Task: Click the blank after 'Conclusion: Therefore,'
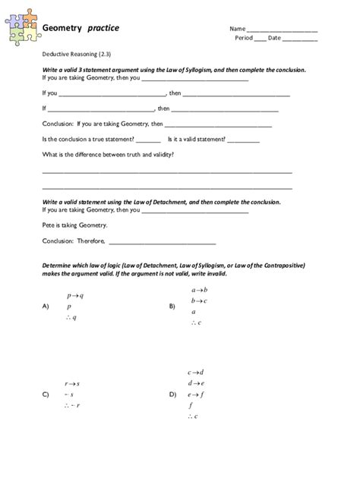coord(163,243)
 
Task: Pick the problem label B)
coord(172,307)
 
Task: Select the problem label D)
coord(172,395)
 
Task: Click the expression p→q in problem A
coord(75,294)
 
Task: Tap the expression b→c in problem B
coord(200,300)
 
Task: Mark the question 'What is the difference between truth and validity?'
coord(108,154)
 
